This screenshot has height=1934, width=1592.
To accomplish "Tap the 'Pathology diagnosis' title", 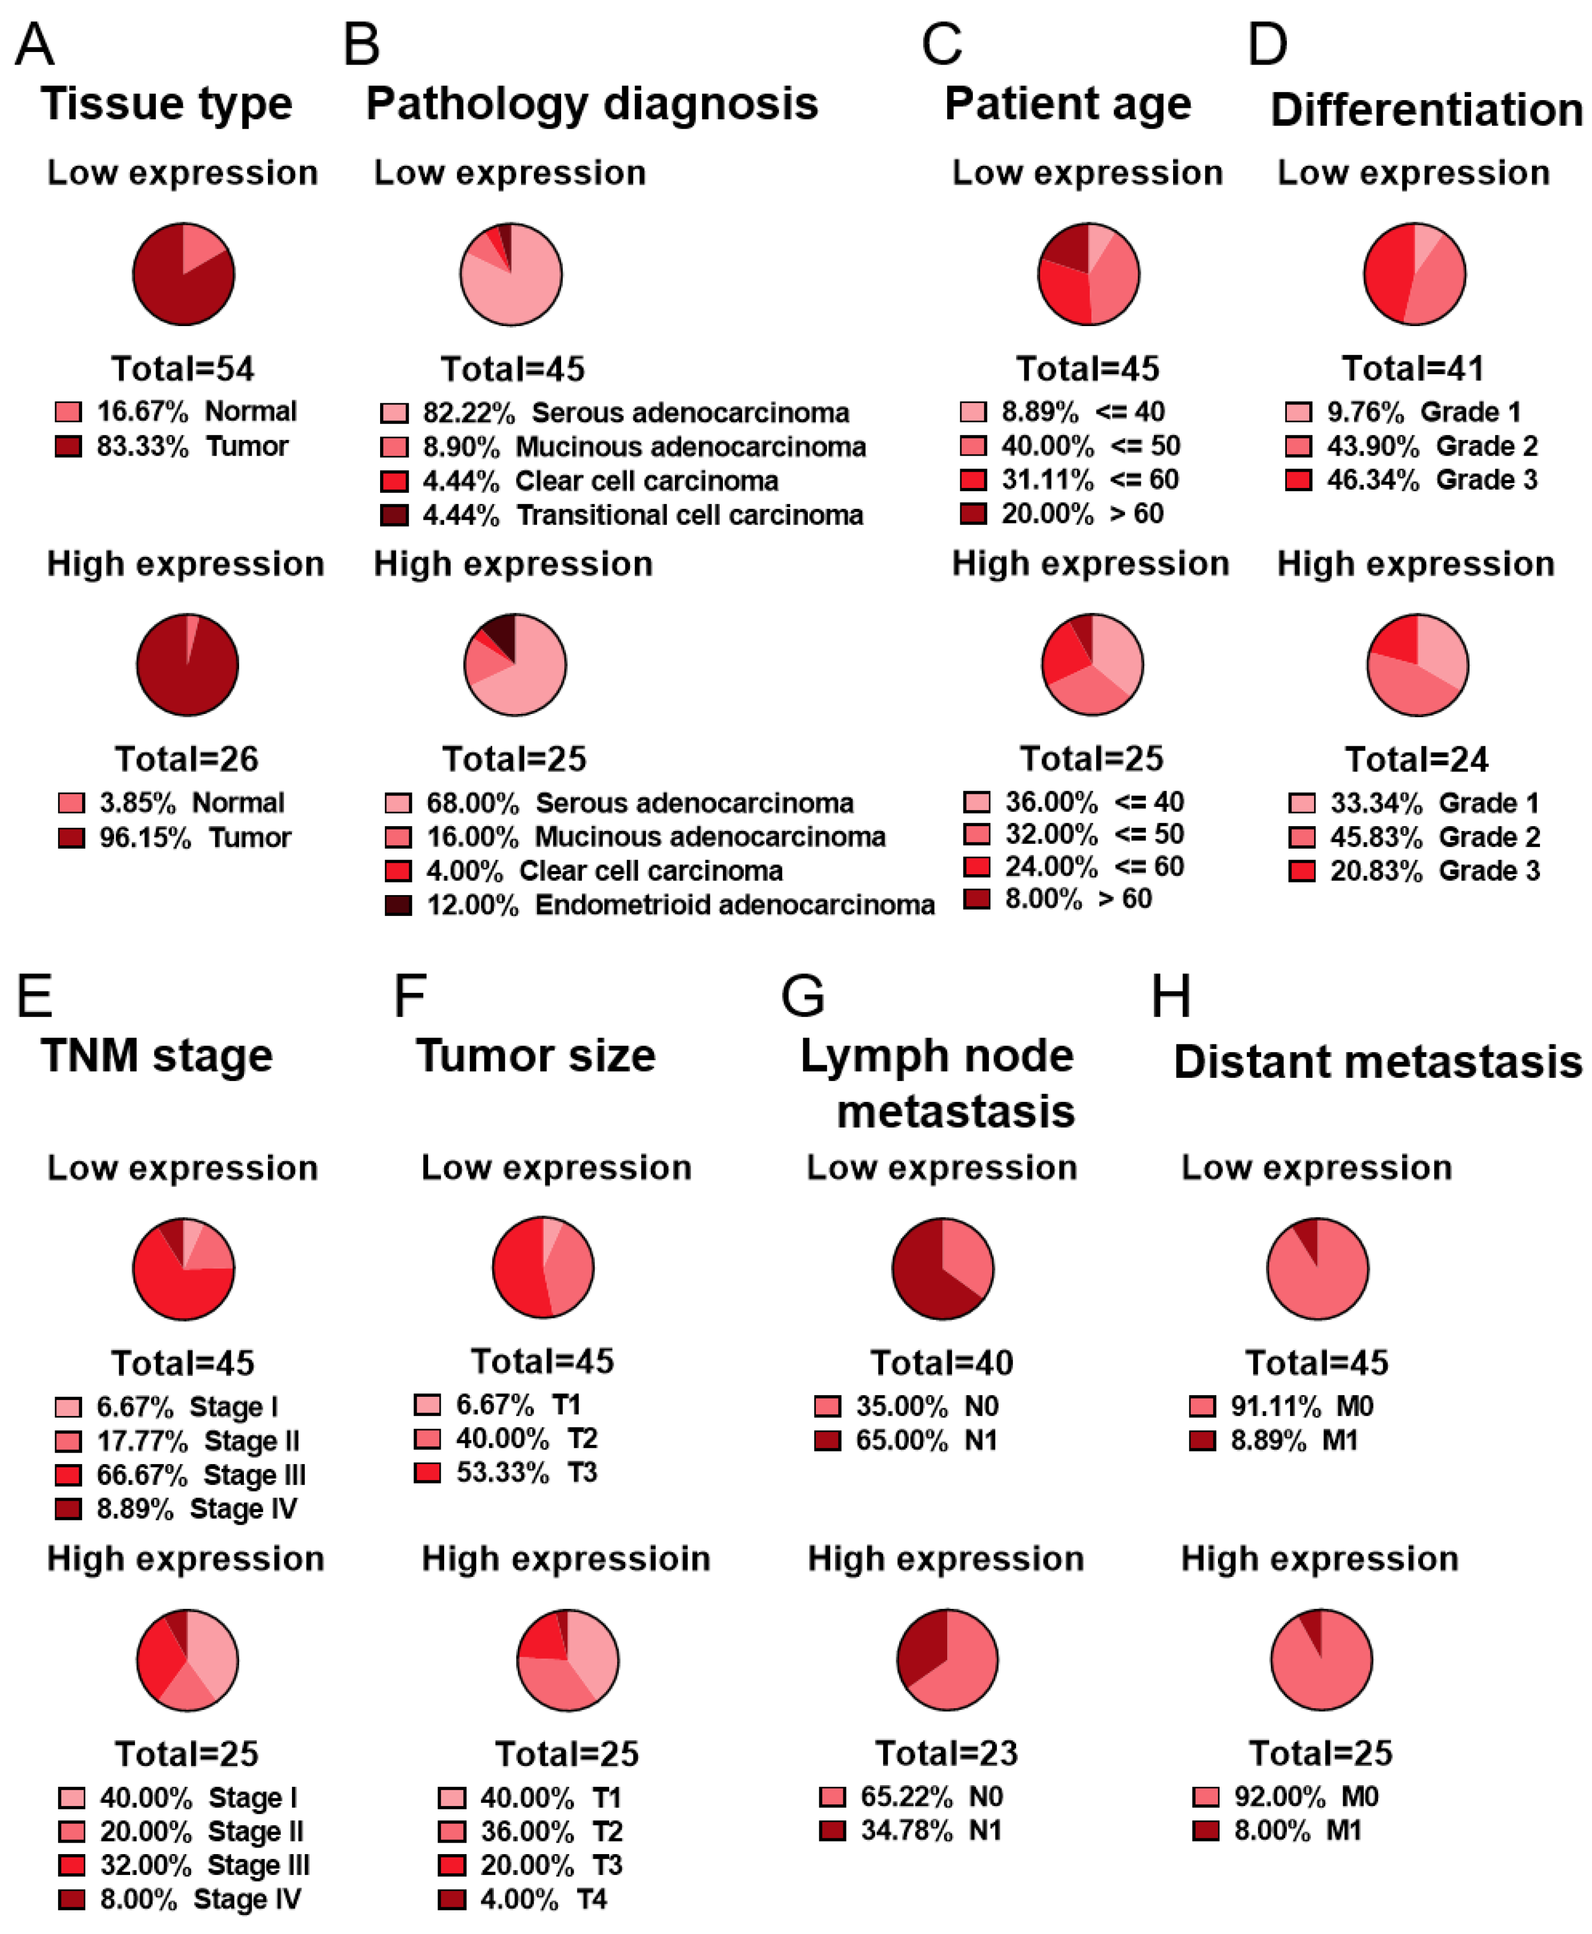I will tap(592, 103).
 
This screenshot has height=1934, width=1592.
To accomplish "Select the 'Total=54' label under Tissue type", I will tap(183, 369).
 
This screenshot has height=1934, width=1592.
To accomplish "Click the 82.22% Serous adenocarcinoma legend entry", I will tap(614, 413).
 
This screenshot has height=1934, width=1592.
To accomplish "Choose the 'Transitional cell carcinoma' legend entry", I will tap(622, 515).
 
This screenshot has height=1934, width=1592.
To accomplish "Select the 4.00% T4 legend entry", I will tap(523, 1899).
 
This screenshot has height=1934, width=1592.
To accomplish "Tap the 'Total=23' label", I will tap(947, 1753).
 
